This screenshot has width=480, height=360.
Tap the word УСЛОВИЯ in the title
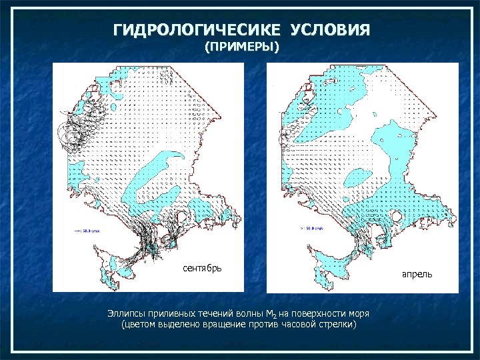tap(330, 31)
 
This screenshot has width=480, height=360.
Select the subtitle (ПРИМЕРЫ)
tap(241, 47)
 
